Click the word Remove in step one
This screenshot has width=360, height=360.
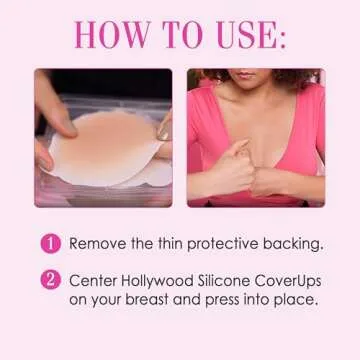(x=99, y=244)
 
